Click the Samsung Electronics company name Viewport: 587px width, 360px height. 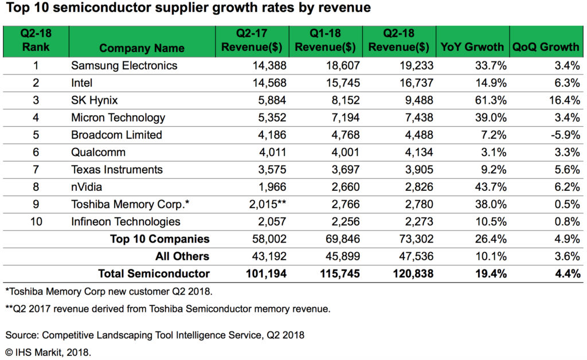point(124,65)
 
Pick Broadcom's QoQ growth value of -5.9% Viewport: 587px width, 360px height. point(562,135)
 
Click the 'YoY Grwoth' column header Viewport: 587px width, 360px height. point(471,47)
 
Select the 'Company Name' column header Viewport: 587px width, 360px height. point(142,48)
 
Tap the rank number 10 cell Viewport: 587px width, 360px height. point(36,221)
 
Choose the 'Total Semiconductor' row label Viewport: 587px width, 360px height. point(154,273)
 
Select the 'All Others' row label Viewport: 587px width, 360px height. point(182,256)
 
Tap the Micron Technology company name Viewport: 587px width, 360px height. point(118,118)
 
